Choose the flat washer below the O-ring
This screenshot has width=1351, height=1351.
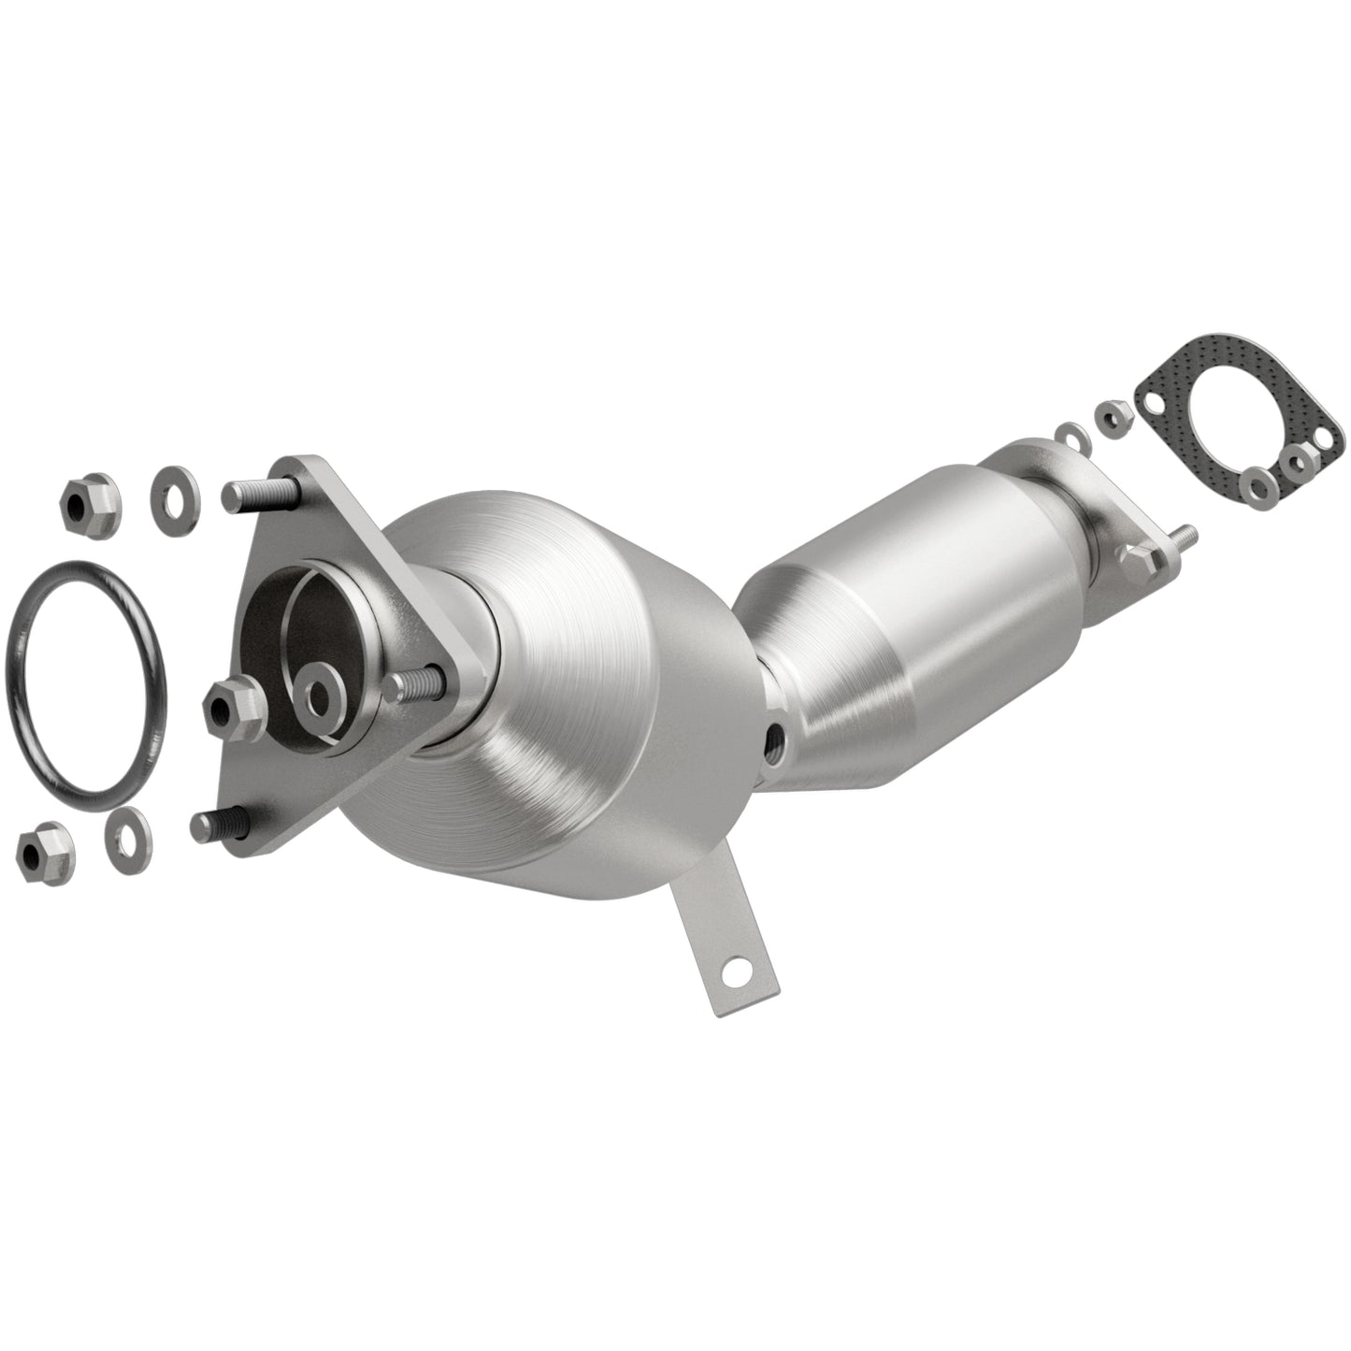click(125, 829)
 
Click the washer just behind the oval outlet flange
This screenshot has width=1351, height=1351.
click(1068, 434)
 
